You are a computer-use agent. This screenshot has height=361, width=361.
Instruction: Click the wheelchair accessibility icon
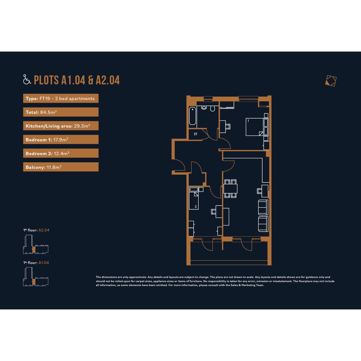27,79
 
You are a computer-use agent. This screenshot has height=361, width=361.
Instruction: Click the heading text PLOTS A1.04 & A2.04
77,80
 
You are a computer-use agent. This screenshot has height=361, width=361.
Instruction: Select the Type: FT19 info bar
61,98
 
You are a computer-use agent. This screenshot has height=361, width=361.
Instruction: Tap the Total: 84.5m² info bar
61,112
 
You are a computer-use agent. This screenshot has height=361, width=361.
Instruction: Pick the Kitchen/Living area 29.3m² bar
61,126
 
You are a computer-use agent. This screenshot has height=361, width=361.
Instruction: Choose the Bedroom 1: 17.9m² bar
61,139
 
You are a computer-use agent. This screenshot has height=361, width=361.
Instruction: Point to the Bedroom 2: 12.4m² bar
61,153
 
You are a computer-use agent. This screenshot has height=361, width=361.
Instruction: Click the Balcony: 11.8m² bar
61,167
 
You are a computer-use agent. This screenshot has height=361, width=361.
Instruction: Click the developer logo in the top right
331,81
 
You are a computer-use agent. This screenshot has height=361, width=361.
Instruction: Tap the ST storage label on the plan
196,134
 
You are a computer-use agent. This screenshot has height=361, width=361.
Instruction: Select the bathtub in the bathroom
193,116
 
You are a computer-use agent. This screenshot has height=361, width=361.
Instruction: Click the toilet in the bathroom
212,108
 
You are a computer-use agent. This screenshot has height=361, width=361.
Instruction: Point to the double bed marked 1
255,127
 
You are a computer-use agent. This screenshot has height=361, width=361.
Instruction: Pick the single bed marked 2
194,198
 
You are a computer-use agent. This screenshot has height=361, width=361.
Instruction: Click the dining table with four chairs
230,189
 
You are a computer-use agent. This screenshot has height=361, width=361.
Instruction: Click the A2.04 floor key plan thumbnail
36,244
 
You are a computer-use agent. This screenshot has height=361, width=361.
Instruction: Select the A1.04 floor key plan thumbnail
36,277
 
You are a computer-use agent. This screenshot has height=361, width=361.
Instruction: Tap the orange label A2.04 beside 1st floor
44,230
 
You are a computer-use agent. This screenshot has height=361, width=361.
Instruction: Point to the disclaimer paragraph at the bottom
215,281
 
